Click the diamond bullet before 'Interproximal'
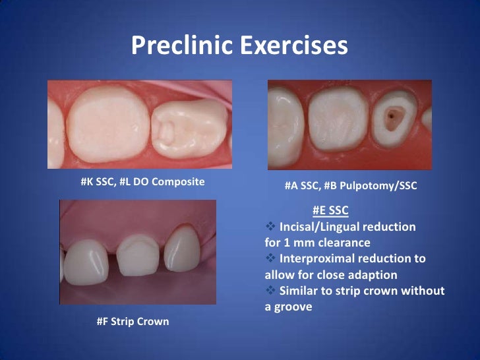point(270,258)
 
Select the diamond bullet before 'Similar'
point(270,291)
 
